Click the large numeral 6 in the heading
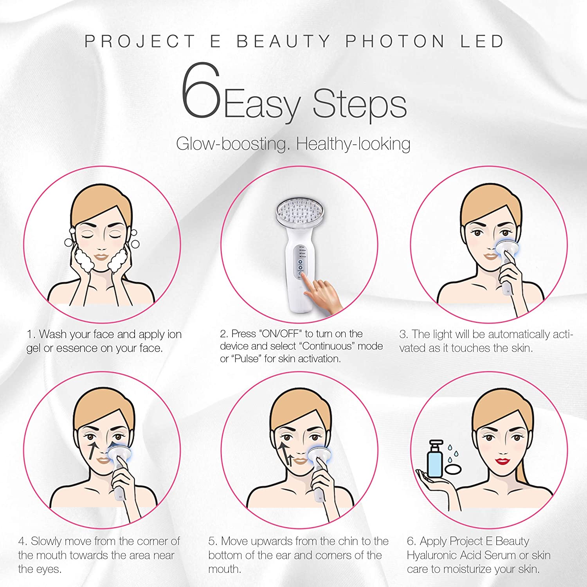tap(200, 91)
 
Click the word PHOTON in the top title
tap(395, 41)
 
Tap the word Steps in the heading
tap(359, 104)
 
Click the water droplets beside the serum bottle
tap(453, 454)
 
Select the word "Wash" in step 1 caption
tap(52, 334)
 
